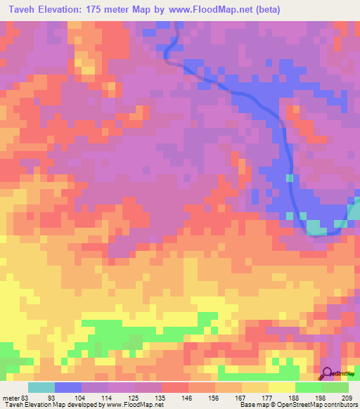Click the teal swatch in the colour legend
[41, 388]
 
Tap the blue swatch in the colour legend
[68, 388]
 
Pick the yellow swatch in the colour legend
[282, 388]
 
